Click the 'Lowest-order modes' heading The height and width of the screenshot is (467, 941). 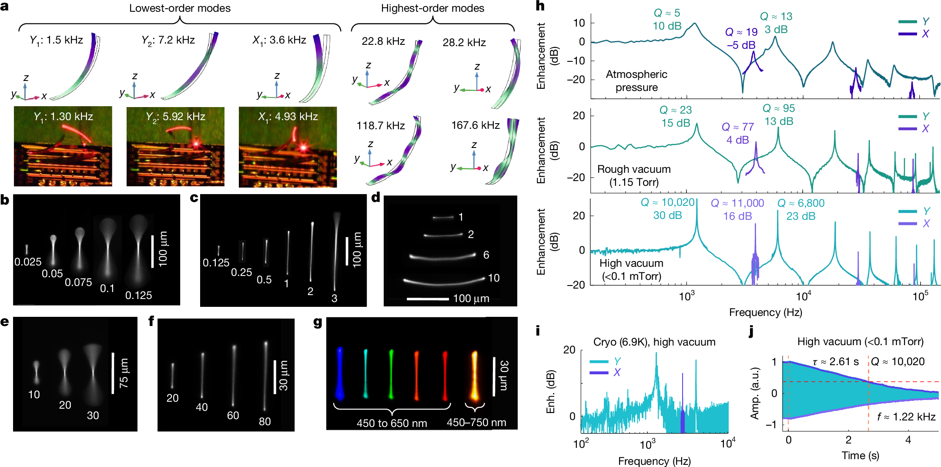[180, 8]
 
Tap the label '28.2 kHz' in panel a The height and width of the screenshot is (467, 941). [464, 43]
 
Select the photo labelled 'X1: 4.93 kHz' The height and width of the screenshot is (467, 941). [288, 147]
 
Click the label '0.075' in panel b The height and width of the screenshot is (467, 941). [78, 282]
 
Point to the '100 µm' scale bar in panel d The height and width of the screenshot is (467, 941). [428, 299]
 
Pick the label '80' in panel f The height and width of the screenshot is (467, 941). [265, 421]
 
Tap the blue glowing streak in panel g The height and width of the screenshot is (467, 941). [339, 373]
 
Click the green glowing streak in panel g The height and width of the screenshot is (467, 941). [391, 373]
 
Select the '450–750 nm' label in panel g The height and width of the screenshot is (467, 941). [476, 423]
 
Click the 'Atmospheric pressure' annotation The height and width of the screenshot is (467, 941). [636, 81]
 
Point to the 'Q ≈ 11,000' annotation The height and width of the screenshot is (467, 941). [737, 203]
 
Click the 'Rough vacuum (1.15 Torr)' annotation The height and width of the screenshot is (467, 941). [633, 175]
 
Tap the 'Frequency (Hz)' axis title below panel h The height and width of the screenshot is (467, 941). [765, 312]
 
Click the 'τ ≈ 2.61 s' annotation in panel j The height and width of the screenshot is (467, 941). [835, 362]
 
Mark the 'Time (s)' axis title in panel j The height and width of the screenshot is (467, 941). [860, 456]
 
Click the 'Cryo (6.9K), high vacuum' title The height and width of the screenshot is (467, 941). [654, 342]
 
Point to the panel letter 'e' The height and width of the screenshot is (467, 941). [5, 322]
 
